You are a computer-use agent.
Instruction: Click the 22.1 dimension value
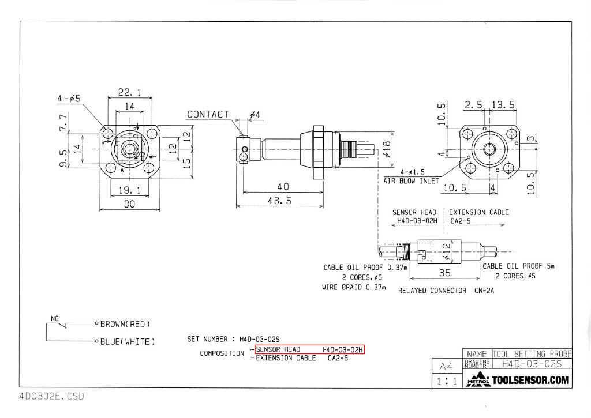pyautogui.click(x=129, y=92)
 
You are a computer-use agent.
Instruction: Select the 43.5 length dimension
pyautogui.click(x=279, y=201)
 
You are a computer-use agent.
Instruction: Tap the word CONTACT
pyautogui.click(x=208, y=114)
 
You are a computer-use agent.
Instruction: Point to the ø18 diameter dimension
pyautogui.click(x=387, y=149)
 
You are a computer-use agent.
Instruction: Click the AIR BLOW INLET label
pyautogui.click(x=411, y=181)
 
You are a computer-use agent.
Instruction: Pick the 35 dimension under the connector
pyautogui.click(x=444, y=273)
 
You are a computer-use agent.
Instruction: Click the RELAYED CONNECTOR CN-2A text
pyautogui.click(x=446, y=291)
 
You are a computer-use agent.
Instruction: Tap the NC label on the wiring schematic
pyautogui.click(x=55, y=319)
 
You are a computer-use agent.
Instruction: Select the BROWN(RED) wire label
pyautogui.click(x=125, y=324)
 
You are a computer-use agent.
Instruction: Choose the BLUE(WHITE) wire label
pyautogui.click(x=128, y=341)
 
